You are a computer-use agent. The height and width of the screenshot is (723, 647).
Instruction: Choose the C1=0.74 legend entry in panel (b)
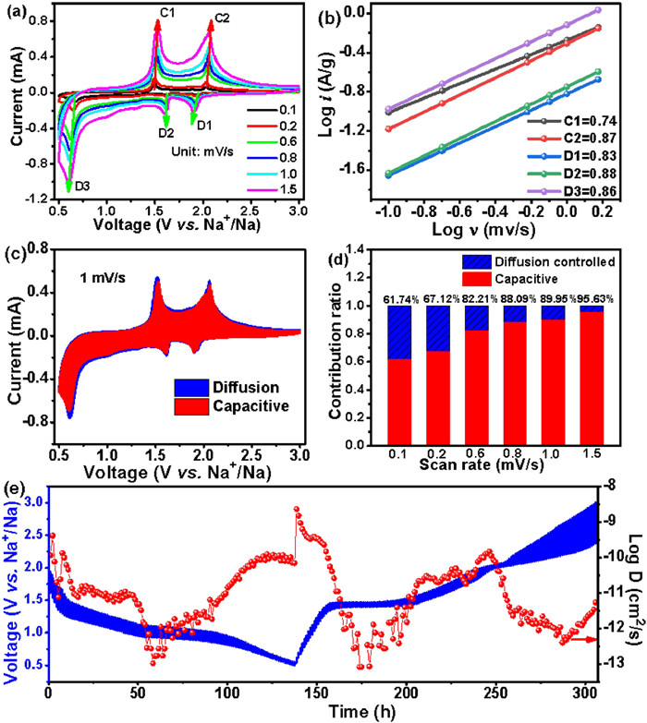click(579, 121)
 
